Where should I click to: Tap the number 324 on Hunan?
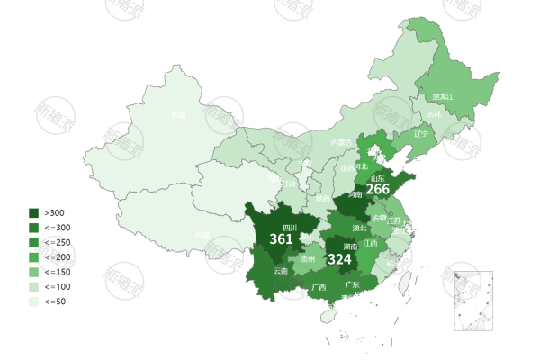pos(339,259)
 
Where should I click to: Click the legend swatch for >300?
pos(34,212)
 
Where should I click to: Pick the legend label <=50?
pos(55,301)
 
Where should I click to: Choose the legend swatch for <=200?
pos(34,256)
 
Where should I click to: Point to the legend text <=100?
pos(57,286)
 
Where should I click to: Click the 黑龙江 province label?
pos(443,96)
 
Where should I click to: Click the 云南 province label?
pos(281,271)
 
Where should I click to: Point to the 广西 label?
pos(319,288)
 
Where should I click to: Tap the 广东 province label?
pos(353,285)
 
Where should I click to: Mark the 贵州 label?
pos(308,258)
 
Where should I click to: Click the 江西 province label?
pos(370,242)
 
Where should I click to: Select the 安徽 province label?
pos(380,217)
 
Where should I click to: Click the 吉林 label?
pos(435,114)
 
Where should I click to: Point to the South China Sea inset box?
pos(474,299)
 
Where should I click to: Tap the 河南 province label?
pos(354,193)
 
